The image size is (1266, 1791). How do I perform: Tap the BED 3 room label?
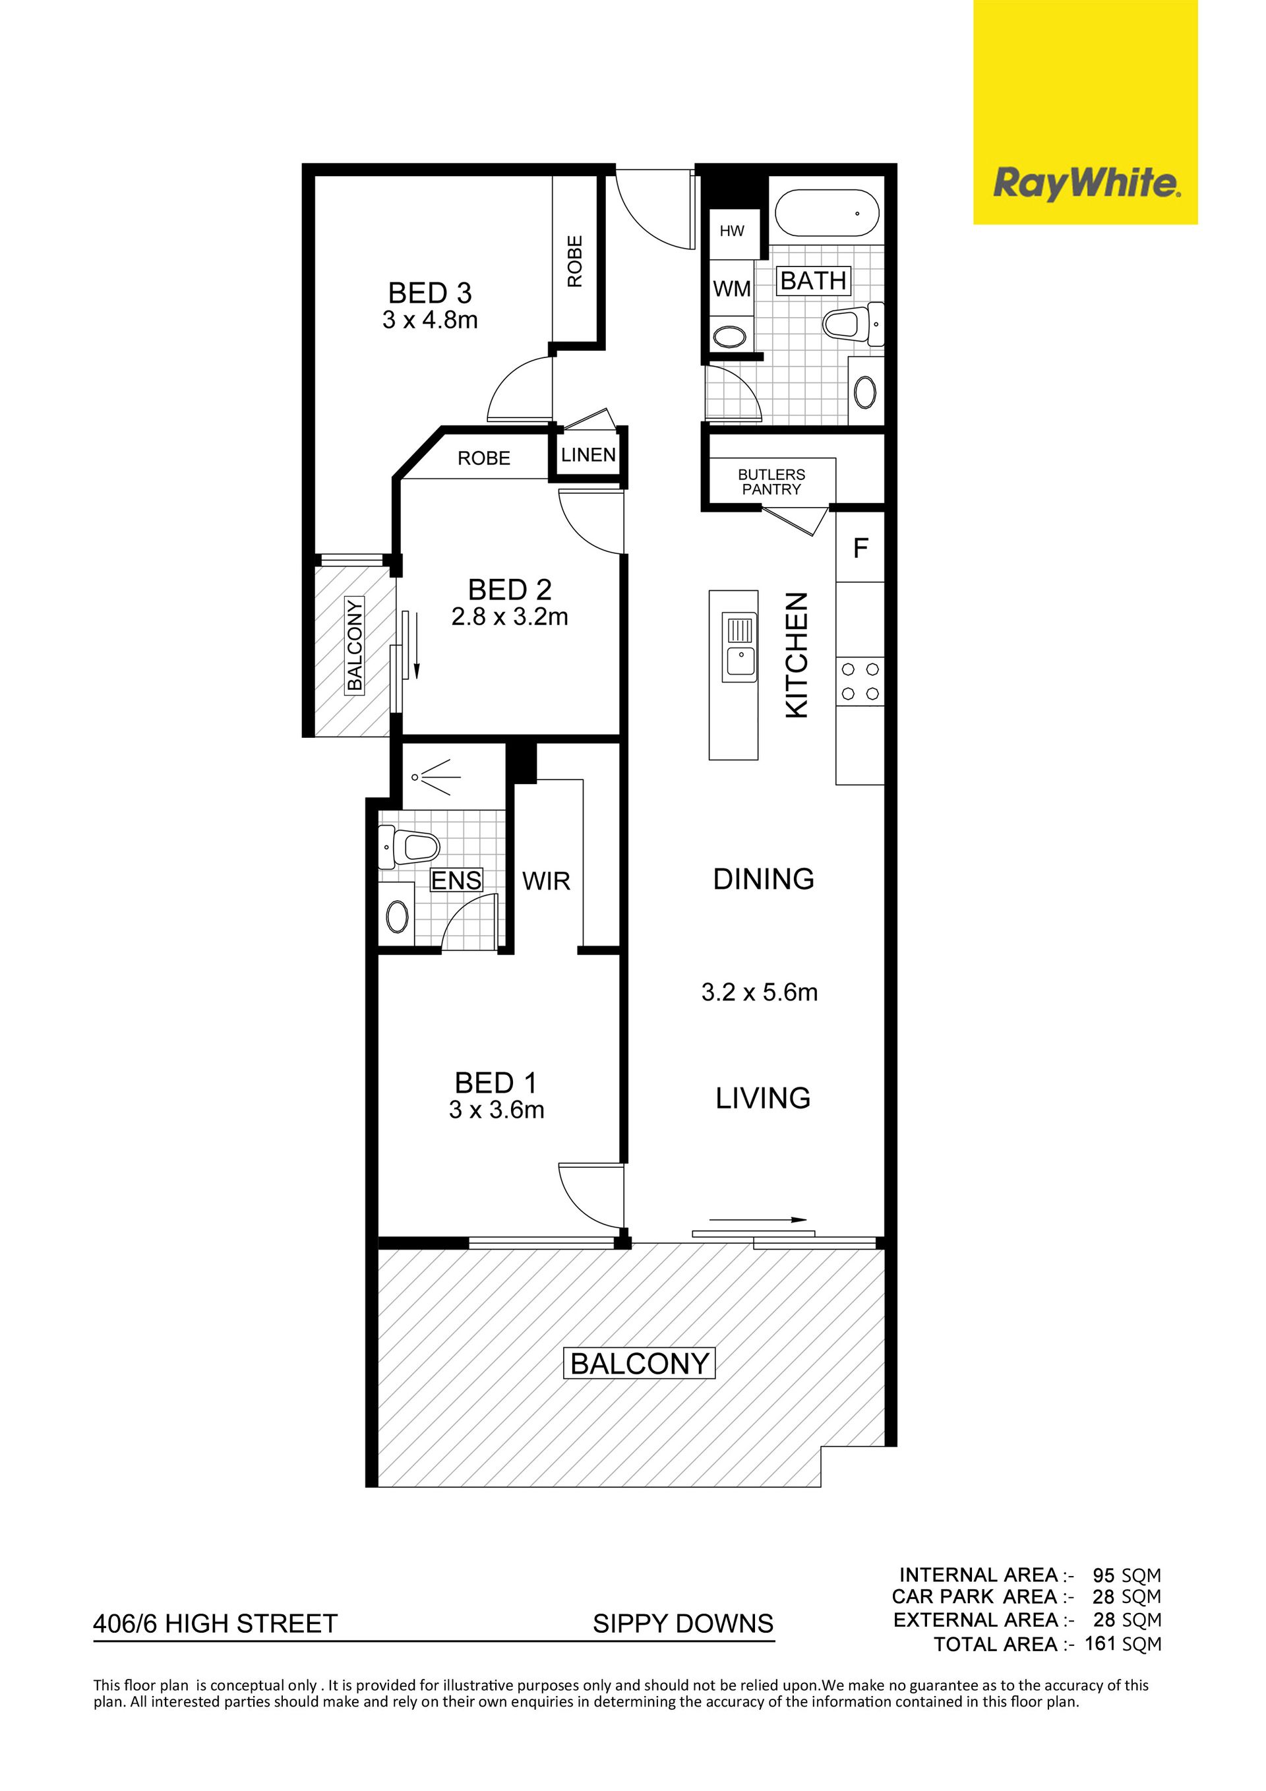(x=430, y=293)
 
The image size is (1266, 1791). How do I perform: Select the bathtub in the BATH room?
(x=827, y=212)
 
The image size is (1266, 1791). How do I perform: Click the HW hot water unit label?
(x=732, y=231)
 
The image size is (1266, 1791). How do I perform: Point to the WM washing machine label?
(x=732, y=289)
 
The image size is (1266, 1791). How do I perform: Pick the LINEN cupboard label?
(x=588, y=455)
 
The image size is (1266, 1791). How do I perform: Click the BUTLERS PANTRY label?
(x=771, y=482)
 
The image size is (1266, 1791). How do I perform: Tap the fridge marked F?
(x=860, y=547)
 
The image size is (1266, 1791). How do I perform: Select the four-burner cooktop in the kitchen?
(x=860, y=681)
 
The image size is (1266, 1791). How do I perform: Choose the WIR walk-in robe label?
(x=546, y=882)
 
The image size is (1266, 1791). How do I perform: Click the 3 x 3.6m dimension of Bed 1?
(x=496, y=1110)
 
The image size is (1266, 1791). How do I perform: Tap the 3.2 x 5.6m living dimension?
(x=759, y=992)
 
